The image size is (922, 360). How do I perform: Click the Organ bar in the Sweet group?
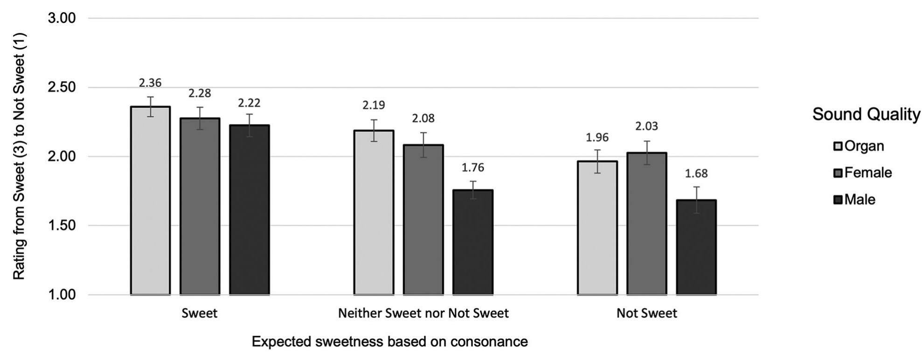tap(150, 201)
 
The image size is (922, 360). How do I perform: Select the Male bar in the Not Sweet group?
tap(696, 247)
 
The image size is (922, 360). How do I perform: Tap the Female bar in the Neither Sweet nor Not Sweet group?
tap(423, 219)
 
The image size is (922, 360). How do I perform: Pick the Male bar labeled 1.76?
tap(472, 242)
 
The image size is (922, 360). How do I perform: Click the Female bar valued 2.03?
tap(646, 224)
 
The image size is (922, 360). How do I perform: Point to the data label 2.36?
tap(150, 83)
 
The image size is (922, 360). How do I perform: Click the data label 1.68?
tap(696, 173)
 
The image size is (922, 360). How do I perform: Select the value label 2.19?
tap(374, 105)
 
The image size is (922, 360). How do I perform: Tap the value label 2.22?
tap(249, 103)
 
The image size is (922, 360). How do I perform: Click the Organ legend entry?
tap(859, 146)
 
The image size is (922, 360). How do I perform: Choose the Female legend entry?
tap(863, 173)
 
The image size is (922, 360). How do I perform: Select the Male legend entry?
tap(855, 200)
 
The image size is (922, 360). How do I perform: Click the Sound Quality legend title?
tap(866, 114)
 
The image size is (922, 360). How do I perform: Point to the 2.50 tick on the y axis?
tap(62, 88)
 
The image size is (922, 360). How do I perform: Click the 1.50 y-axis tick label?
tap(62, 226)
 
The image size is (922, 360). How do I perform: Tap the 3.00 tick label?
tap(62, 19)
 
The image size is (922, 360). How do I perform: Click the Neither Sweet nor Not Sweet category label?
tap(423, 313)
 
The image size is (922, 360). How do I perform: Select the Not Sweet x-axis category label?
tap(646, 313)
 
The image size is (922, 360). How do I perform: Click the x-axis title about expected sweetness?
tap(389, 342)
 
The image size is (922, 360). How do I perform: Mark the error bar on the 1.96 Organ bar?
tap(597, 161)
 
